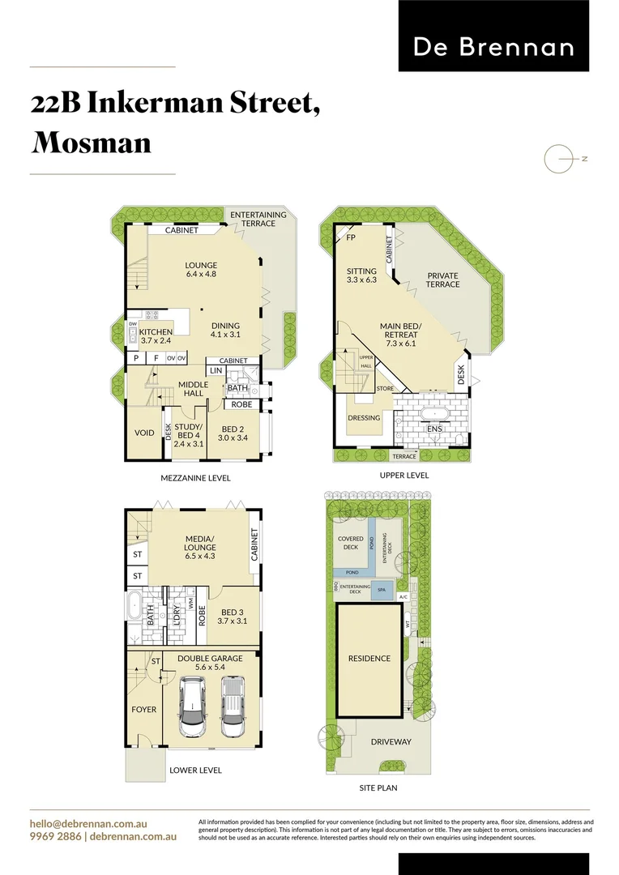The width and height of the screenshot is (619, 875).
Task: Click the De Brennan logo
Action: point(493,47)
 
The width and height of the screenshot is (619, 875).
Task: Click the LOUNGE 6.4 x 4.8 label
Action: point(201,270)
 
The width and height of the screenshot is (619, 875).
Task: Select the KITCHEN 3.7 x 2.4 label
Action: point(156,336)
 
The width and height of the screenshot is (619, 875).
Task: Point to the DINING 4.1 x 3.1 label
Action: point(226,330)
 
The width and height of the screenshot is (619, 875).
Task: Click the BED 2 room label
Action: point(233,433)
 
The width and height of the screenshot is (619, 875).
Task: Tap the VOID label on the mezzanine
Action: point(144,433)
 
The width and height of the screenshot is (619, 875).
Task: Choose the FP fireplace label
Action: point(351,238)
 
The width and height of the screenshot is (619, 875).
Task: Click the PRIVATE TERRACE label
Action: point(443,280)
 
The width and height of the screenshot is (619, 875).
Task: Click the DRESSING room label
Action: point(364,418)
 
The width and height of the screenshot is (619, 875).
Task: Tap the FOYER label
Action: point(144,710)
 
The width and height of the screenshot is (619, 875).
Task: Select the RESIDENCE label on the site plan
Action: point(369,659)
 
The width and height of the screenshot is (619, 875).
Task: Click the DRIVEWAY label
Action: point(391,742)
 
